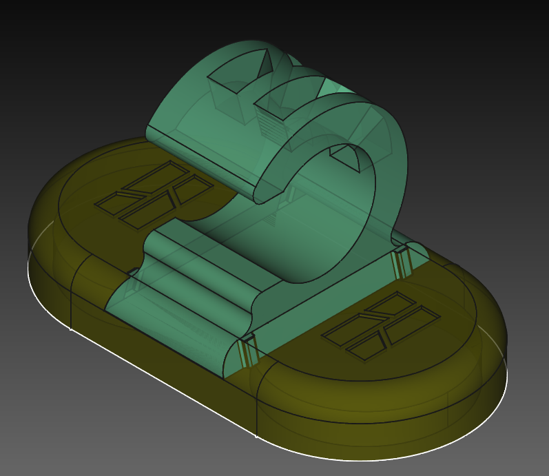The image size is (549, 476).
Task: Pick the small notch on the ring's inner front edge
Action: [349, 158]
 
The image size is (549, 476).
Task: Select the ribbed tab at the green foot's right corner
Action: [401, 262]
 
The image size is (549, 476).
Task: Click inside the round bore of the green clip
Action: [324, 220]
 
